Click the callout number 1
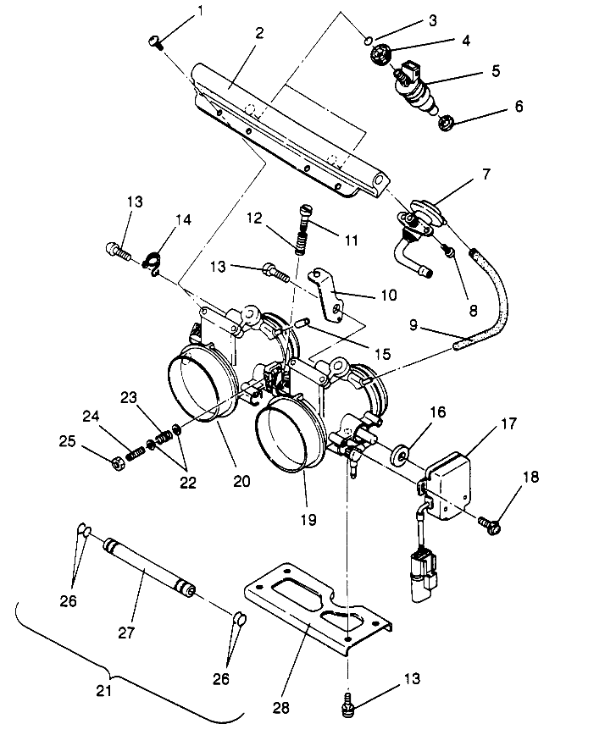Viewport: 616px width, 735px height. click(200, 11)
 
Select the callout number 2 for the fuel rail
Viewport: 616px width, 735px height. click(259, 34)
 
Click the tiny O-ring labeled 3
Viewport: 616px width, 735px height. click(367, 40)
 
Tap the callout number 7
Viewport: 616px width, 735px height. click(486, 175)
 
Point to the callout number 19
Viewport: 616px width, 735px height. click(308, 519)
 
